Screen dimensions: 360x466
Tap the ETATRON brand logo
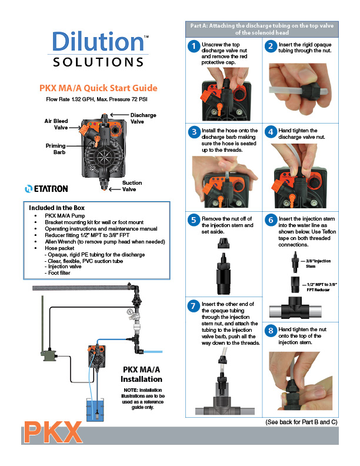click(x=46, y=189)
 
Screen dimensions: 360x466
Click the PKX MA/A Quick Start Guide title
click(x=98, y=88)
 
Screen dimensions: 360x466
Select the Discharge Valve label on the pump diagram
click(x=143, y=118)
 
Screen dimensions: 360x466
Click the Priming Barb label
click(x=55, y=149)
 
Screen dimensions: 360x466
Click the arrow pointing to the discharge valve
click(x=119, y=115)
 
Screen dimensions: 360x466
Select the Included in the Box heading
click(x=56, y=208)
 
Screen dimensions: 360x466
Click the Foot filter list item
click(x=59, y=273)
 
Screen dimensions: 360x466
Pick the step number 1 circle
click(x=194, y=46)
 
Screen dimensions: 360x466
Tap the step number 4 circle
click(x=271, y=132)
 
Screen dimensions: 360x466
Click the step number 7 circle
click(x=194, y=306)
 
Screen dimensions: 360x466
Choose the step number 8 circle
click(x=271, y=331)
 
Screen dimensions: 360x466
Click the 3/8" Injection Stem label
click(x=318, y=264)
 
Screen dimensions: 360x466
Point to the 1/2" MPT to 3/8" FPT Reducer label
click(x=322, y=287)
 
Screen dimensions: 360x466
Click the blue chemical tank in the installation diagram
click(x=95, y=410)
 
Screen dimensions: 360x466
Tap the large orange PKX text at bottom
click(x=52, y=432)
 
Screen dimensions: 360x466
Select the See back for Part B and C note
click(x=301, y=422)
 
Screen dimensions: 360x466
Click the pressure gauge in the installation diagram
click(x=130, y=312)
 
